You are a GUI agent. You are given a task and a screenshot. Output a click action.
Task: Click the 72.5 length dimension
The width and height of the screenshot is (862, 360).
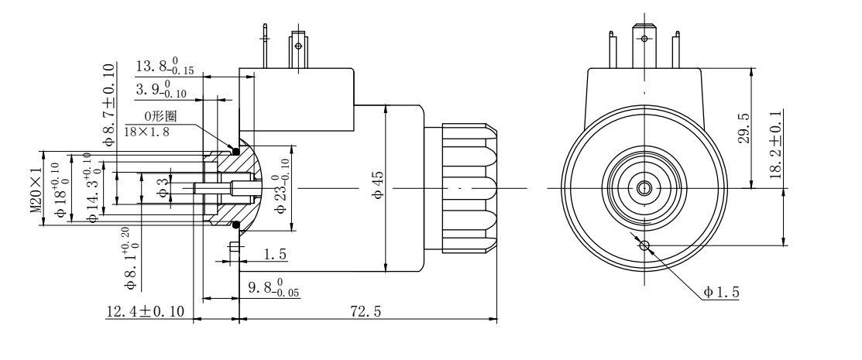click(x=366, y=310)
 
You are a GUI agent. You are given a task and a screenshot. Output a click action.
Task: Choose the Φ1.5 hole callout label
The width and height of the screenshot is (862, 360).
click(x=721, y=292)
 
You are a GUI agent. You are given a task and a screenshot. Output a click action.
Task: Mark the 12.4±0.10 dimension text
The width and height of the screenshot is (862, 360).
click(x=145, y=311)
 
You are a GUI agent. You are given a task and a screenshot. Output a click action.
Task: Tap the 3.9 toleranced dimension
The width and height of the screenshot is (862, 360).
click(x=163, y=91)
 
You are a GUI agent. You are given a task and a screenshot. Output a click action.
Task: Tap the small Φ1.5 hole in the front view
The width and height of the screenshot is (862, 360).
click(x=644, y=246)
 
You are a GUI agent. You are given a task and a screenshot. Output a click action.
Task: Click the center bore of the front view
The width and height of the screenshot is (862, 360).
click(x=644, y=188)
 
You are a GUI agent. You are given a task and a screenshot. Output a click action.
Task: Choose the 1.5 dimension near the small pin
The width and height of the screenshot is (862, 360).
click(x=274, y=254)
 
